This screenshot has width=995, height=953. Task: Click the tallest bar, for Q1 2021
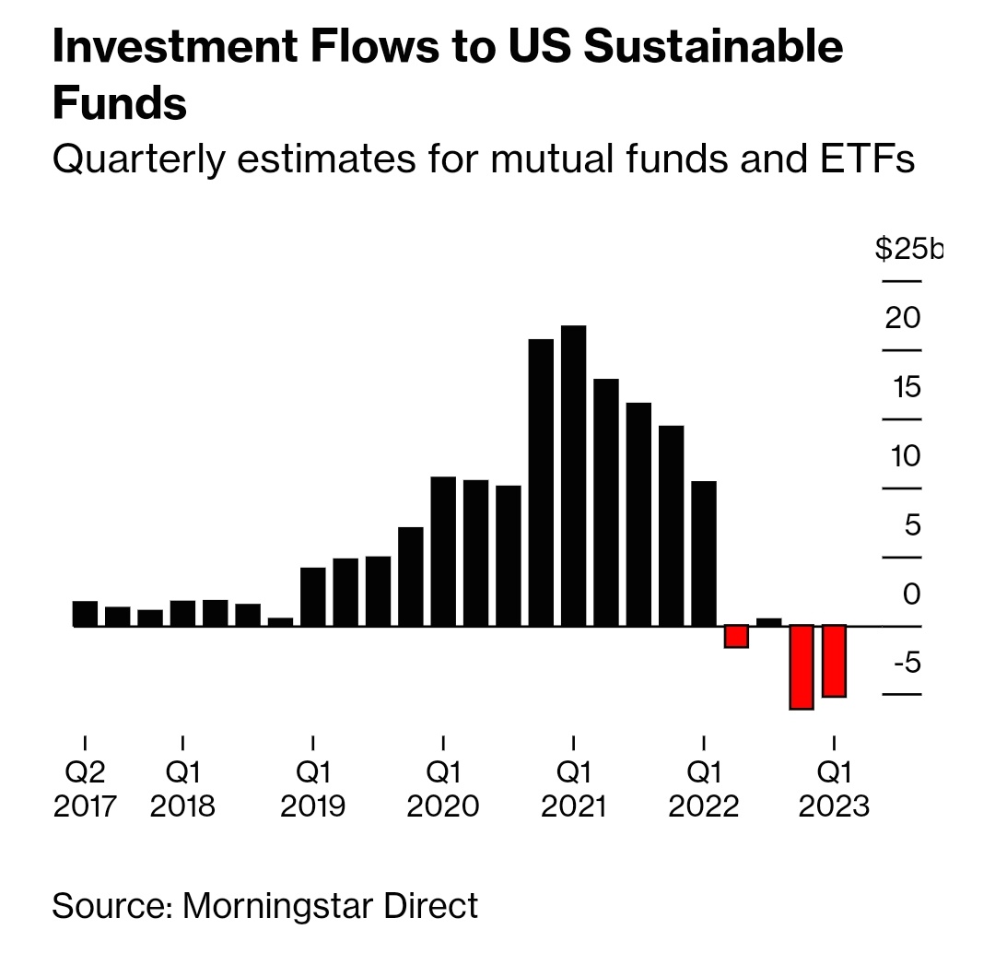coord(573,476)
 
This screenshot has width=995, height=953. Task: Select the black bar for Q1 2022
coord(704,553)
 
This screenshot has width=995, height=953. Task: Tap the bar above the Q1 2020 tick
coord(443,551)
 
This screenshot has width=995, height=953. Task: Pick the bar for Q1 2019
coord(313,596)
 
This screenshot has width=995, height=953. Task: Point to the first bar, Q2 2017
coord(85,614)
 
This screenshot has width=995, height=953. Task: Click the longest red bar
coord(802,667)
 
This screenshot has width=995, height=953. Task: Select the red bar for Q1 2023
coord(834,661)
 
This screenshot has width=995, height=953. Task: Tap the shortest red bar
coord(736,636)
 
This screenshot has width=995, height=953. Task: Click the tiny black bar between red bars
coord(768,622)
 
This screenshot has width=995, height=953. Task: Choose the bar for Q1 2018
coord(182,613)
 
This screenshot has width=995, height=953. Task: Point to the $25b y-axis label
coord(908,249)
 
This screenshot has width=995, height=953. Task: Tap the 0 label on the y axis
coord(911,594)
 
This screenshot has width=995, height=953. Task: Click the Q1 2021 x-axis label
coord(573,788)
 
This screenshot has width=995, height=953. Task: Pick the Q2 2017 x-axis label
coord(85,788)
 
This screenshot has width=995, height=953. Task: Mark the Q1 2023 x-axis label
coord(834,788)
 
